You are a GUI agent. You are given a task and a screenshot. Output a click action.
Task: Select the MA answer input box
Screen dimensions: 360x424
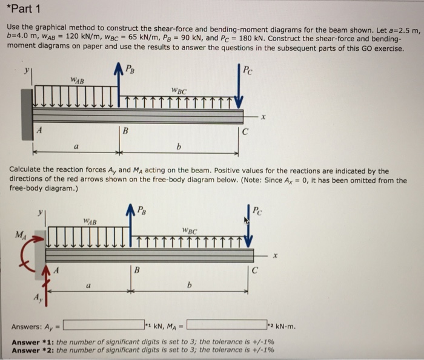[227, 325]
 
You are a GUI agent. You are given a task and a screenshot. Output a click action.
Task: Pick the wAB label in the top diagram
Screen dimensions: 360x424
[77, 80]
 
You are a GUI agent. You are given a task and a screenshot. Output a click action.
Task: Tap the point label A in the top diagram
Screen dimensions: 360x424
[39, 129]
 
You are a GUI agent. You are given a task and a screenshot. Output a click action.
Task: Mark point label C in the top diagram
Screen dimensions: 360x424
[245, 129]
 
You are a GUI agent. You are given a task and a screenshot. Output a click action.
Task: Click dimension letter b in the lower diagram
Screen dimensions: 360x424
[191, 284]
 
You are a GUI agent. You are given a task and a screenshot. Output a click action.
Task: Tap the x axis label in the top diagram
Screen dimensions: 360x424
[262, 117]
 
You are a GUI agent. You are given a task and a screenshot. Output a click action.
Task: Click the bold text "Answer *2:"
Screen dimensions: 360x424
[33, 350]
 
